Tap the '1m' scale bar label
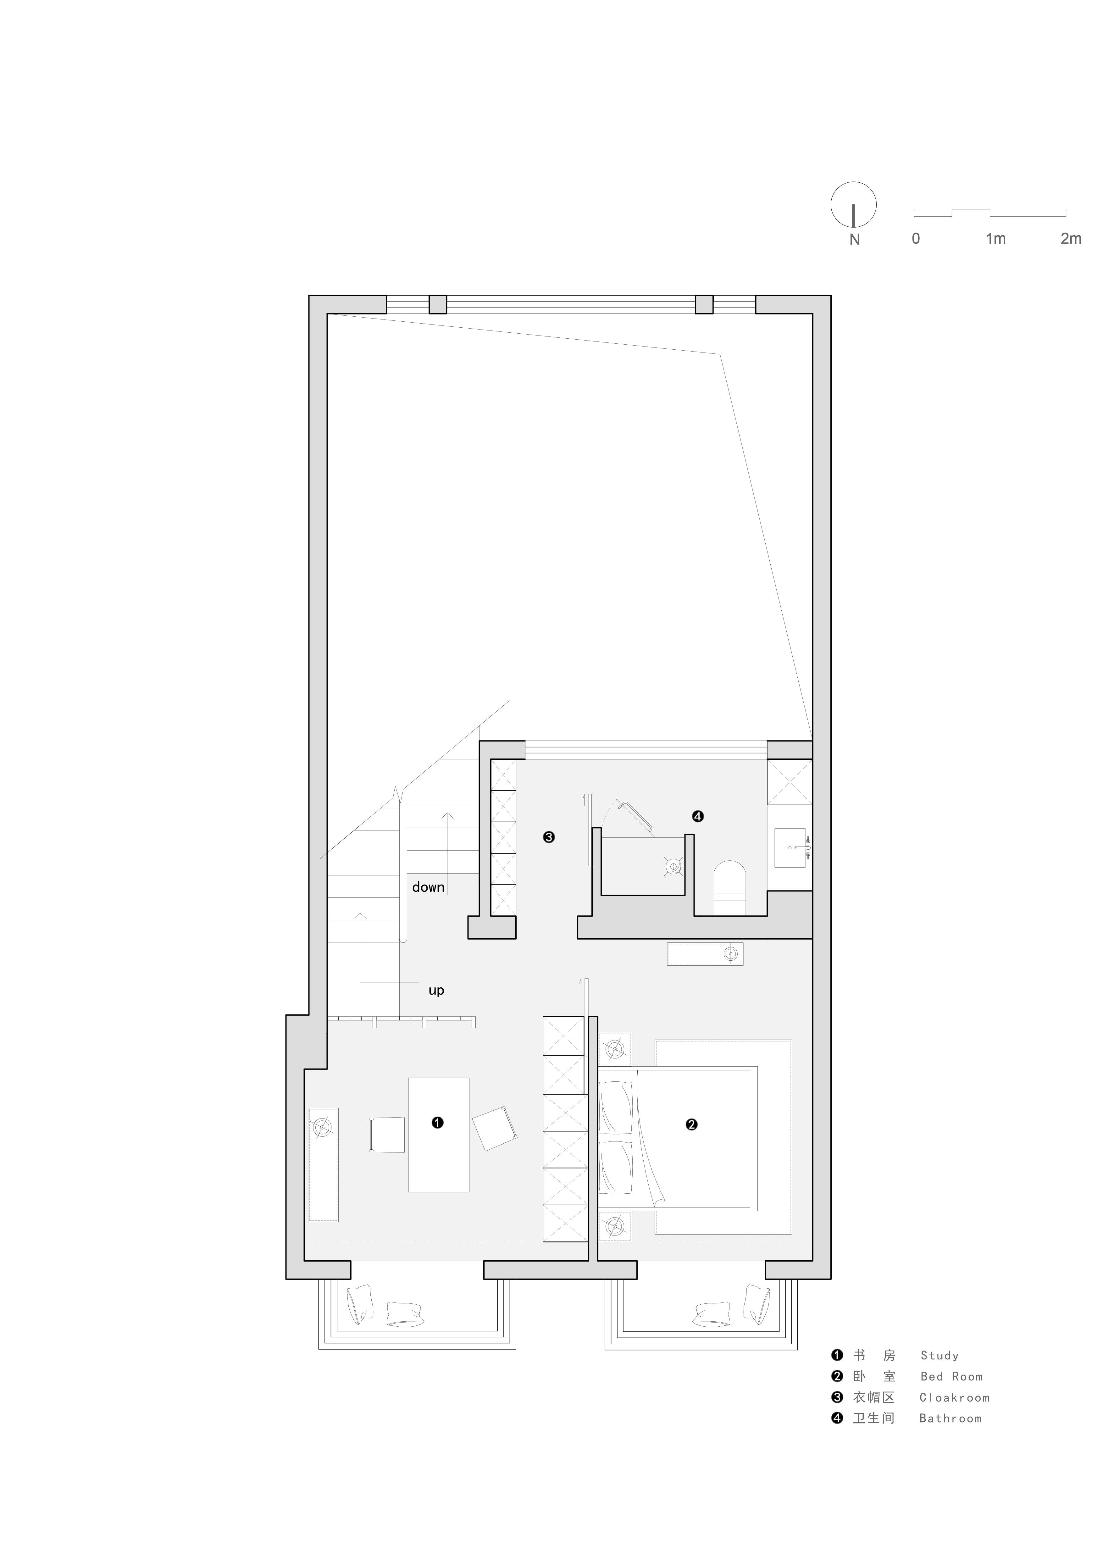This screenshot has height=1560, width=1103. click(x=996, y=238)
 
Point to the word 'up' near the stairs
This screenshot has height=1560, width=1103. click(x=436, y=991)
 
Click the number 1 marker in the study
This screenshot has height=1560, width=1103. click(x=437, y=1123)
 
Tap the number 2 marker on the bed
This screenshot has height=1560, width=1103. click(x=691, y=1124)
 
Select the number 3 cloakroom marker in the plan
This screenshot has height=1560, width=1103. click(x=549, y=837)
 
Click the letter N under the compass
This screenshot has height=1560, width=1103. click(x=854, y=239)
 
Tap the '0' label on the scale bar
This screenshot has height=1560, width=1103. click(x=916, y=238)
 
